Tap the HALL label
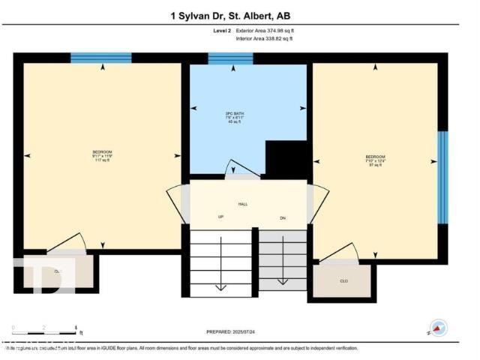pos(244,204)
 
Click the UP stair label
pos(220,217)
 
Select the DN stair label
pos(283,217)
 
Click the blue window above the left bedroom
pos(101,58)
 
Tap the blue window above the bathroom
pos(230,58)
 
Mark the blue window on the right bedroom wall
pos(442,178)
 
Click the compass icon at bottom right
pos(438,328)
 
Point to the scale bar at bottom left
pos(45,330)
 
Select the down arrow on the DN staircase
pos(283,281)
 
